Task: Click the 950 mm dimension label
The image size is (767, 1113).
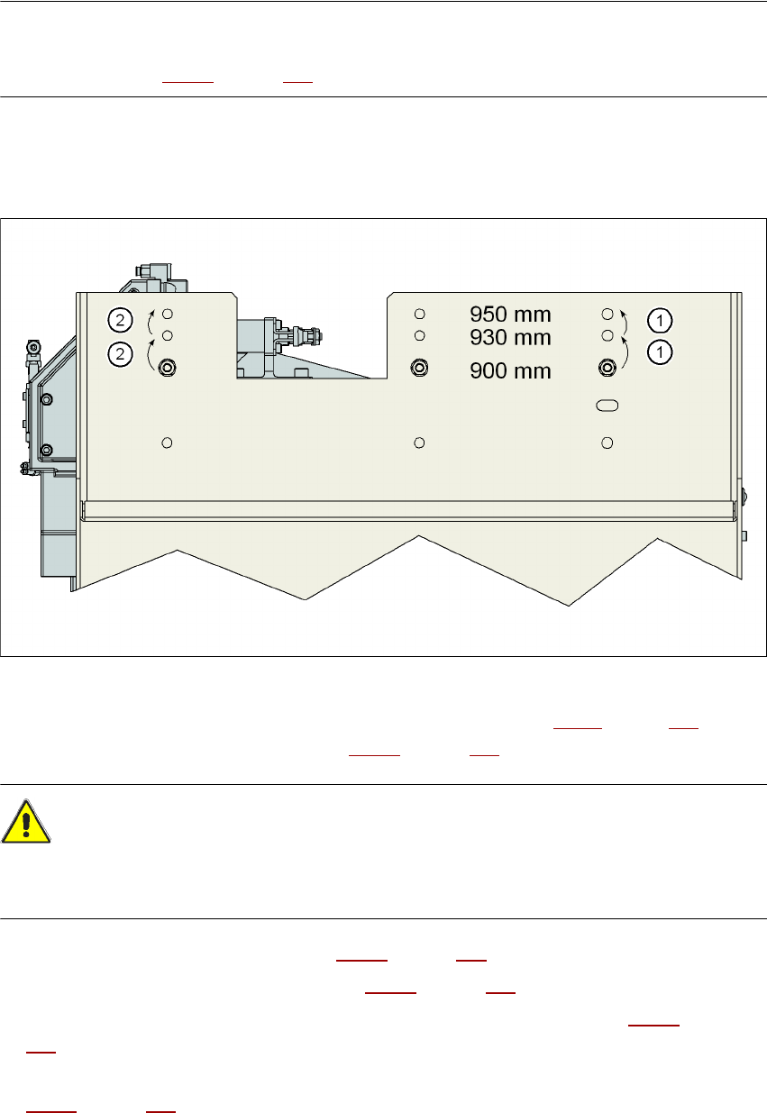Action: [510, 315]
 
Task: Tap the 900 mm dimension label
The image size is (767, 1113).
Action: [510, 370]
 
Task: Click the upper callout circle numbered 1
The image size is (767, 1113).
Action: [661, 319]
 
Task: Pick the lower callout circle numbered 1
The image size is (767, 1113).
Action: [661, 352]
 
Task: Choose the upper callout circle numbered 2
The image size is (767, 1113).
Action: [119, 318]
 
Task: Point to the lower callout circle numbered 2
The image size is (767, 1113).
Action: [119, 354]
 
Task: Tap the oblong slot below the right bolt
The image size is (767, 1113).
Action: [607, 406]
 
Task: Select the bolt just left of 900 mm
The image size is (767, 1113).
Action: [418, 367]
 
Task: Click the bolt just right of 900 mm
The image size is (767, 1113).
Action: [607, 367]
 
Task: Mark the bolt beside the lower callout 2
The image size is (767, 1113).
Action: [167, 367]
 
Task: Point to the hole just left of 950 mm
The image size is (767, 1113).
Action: [419, 314]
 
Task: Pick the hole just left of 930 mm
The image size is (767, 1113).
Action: [419, 336]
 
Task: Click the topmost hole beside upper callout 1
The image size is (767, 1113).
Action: [607, 314]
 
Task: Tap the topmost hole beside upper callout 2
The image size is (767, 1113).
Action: [167, 314]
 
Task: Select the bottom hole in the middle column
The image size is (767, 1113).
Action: [419, 442]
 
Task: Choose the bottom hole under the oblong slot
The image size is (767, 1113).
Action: [607, 442]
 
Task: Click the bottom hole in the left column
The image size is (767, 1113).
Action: [167, 442]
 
